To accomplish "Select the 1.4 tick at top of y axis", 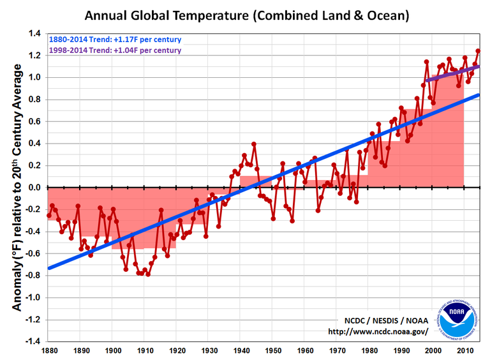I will click(x=33, y=34).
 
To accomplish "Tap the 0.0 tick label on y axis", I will click(x=33, y=188).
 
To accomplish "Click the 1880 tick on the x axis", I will click(x=48, y=350).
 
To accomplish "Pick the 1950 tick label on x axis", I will click(x=273, y=350).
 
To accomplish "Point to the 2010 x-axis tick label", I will click(x=465, y=350).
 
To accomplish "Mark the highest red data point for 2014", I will click(x=478, y=52).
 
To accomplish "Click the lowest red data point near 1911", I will click(x=147, y=273).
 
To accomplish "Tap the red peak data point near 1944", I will click(x=254, y=144).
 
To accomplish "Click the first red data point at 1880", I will click(x=49, y=215).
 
